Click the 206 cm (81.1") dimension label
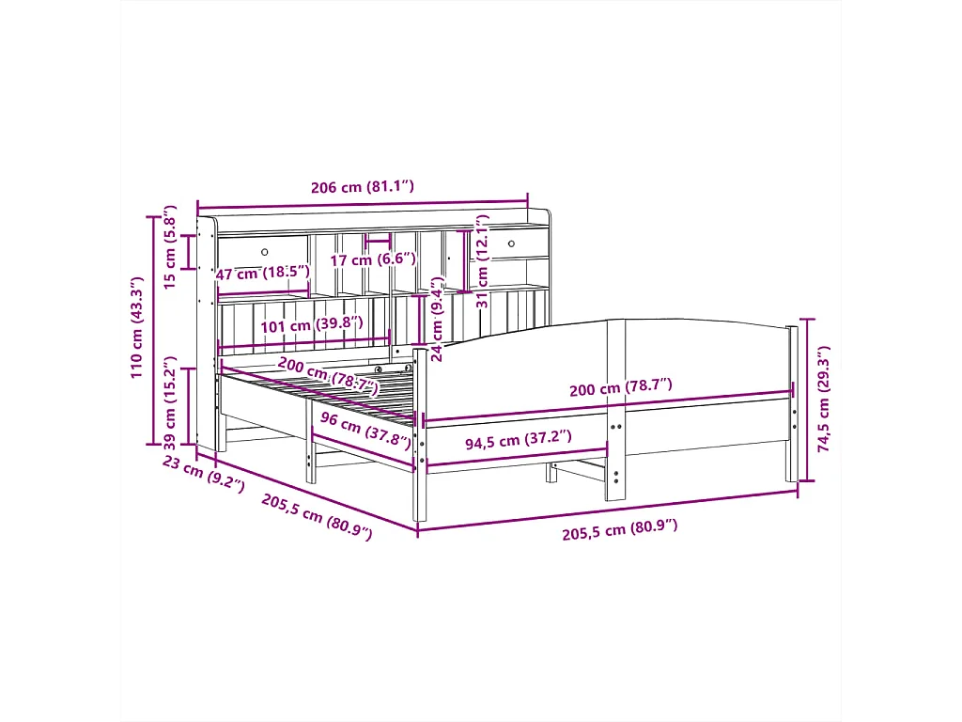tap(362, 187)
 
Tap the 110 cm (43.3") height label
tap(137, 327)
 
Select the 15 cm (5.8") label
tap(170, 248)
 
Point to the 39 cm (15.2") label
tap(170, 402)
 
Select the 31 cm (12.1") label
tap(482, 261)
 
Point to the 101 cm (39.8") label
tap(298, 326)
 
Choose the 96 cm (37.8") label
tap(365, 430)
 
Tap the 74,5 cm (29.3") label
tap(824, 400)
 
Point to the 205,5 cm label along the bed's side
tap(316, 516)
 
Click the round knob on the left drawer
tap(264, 252)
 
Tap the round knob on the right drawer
tap(512, 244)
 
